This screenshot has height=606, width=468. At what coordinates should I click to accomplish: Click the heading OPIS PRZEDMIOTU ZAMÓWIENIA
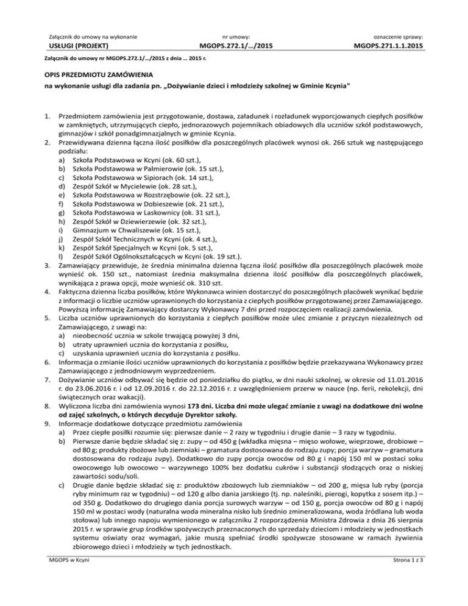point(96,73)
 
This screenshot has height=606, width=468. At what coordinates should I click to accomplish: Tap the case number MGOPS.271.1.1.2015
point(389,46)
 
